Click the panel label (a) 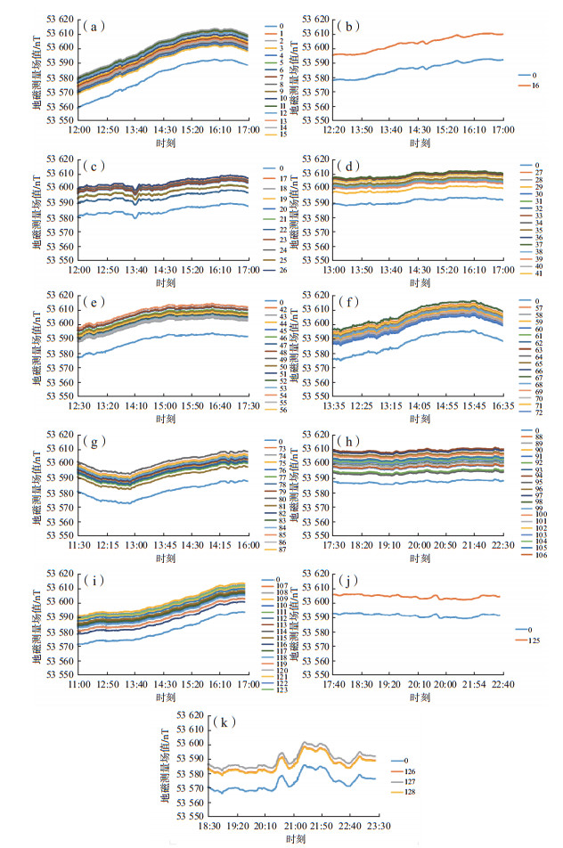[90, 26]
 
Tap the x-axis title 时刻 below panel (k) [294, 839]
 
